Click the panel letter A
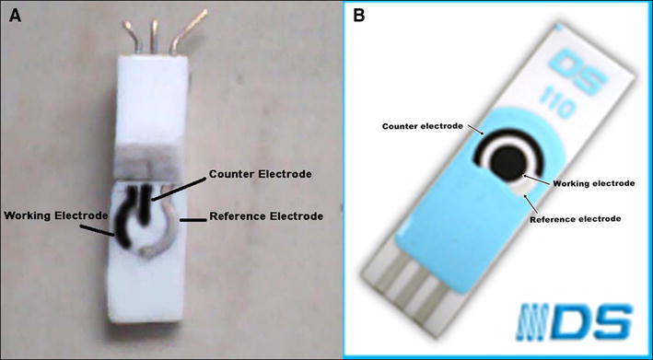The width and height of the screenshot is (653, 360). pos(15,16)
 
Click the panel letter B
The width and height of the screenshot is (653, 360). pos(358,16)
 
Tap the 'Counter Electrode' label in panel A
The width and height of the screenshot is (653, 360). pos(261,174)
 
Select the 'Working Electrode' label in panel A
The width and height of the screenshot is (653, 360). pos(56,215)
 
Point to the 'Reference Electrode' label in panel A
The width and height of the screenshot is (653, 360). pos(266,216)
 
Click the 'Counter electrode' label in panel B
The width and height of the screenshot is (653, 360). pos(422,126)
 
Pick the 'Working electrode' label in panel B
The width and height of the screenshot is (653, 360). pos(593,183)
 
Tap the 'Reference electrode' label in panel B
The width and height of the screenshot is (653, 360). pos(575,218)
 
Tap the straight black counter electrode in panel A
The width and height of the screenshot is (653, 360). pos(145,204)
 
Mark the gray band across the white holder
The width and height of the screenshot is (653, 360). pos(150,165)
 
